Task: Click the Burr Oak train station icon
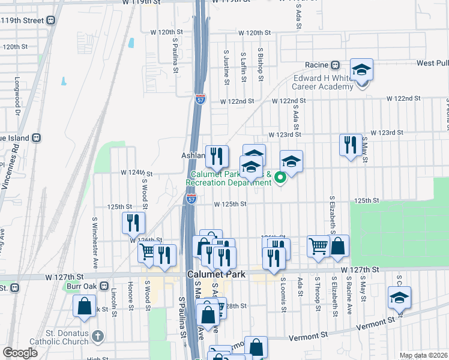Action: point(104,286)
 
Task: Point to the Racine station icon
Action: point(337,65)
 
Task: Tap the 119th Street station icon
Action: point(52,20)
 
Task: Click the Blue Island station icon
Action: point(37,137)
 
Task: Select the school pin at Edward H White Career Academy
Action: point(362,70)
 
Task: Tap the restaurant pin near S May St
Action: point(351,145)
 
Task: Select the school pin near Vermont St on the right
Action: point(399,298)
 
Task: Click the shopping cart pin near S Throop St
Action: point(318,246)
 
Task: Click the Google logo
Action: point(20,353)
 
